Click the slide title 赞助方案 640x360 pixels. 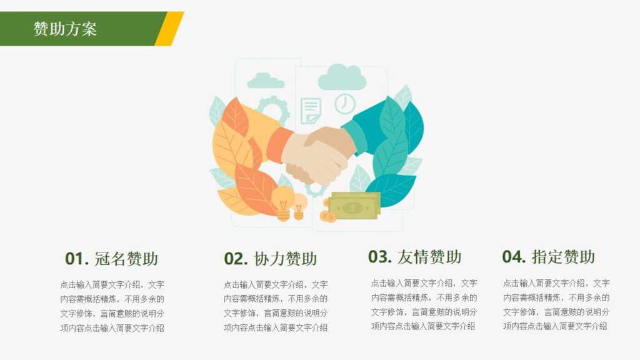pyautogui.click(x=65, y=29)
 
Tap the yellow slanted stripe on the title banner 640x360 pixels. pyautogui.click(x=169, y=29)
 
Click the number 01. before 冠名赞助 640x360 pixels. pyautogui.click(x=77, y=259)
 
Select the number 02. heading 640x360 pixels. pyautogui.click(x=236, y=259)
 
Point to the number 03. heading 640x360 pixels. pyautogui.click(x=380, y=257)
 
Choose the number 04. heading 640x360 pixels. pyautogui.click(x=514, y=257)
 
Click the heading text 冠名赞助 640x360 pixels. pyautogui.click(x=126, y=259)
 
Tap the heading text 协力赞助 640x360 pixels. pyautogui.click(x=286, y=259)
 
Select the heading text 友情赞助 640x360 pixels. pyautogui.click(x=429, y=257)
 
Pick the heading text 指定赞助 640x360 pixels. pyautogui.click(x=563, y=257)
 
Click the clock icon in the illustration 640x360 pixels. pyautogui.click(x=344, y=103)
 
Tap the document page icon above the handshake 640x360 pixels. pyautogui.click(x=311, y=111)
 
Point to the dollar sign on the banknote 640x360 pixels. pyautogui.click(x=354, y=206)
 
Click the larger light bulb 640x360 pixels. pyautogui.click(x=283, y=201)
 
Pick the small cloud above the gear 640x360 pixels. pyautogui.click(x=266, y=81)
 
